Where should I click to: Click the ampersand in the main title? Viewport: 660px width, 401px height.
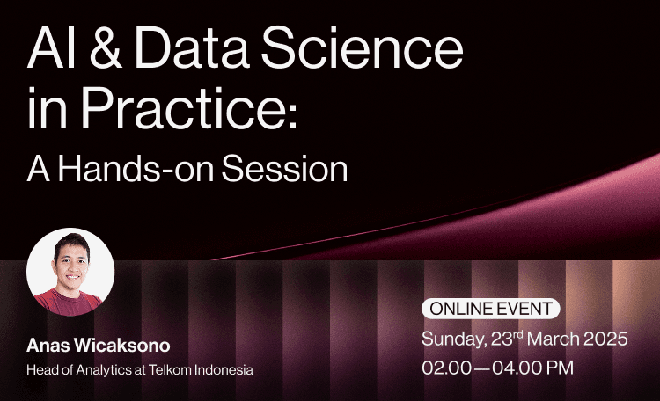[106, 47]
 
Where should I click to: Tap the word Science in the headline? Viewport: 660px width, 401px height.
[363, 47]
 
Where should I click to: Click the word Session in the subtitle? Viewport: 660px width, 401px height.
[284, 169]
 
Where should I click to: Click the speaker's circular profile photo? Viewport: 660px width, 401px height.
[70, 272]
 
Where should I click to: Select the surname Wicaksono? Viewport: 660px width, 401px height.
[122, 346]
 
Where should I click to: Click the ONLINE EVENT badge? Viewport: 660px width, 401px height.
[491, 309]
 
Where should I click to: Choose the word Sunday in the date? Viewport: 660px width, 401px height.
[454, 339]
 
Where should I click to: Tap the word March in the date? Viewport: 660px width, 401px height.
[547, 339]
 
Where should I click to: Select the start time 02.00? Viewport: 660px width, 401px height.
[446, 368]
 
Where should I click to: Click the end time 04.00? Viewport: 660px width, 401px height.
[517, 368]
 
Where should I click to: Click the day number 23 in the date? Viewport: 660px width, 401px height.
[502, 339]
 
